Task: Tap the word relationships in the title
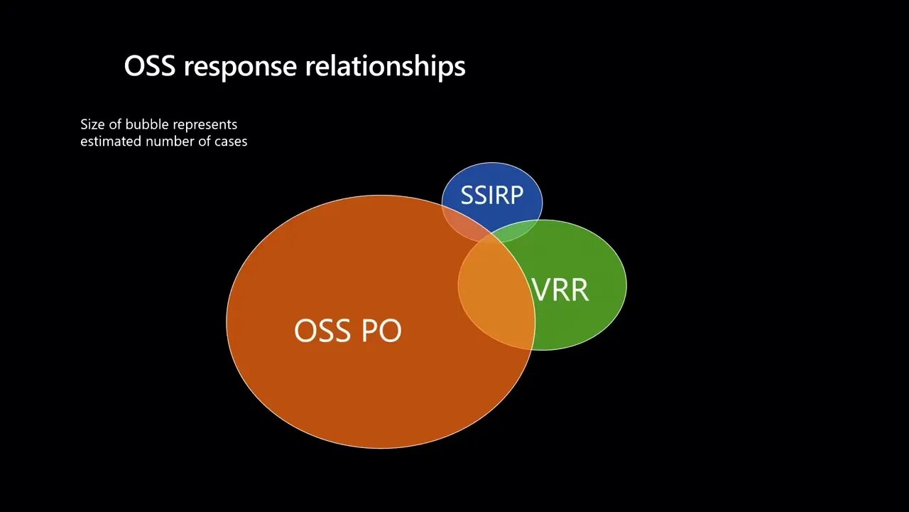coord(386,67)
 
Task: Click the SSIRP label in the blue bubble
coord(491,195)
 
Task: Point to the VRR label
coord(560,290)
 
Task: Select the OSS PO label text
coord(347,331)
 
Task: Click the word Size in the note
coord(92,124)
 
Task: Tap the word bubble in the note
coord(147,124)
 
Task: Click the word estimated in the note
coord(111,141)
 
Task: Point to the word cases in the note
coord(232,141)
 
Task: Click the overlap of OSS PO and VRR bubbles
coord(496,292)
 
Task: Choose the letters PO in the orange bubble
coord(381,331)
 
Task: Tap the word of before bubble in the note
coord(115,124)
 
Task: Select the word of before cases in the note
coord(206,141)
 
